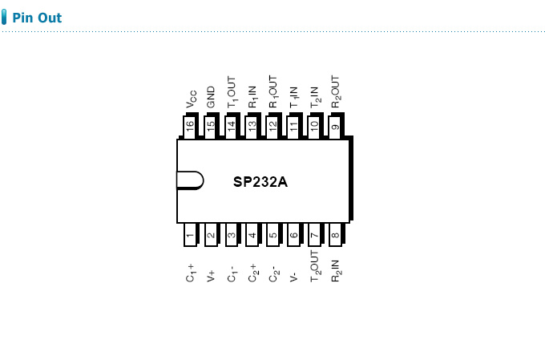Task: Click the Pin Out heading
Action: click(37, 18)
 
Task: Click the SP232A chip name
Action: click(260, 181)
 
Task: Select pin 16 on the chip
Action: click(190, 127)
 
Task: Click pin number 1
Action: click(190, 234)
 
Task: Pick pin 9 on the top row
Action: click(335, 127)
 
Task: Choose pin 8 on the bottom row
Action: click(335, 234)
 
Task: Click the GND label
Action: click(211, 97)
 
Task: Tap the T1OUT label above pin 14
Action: click(232, 92)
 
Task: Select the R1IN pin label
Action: click(252, 96)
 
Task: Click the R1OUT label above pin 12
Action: click(273, 92)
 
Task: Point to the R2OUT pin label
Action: click(335, 92)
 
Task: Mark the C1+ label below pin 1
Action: click(190, 272)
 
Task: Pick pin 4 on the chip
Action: click(252, 234)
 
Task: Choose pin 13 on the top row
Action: click(252, 127)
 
